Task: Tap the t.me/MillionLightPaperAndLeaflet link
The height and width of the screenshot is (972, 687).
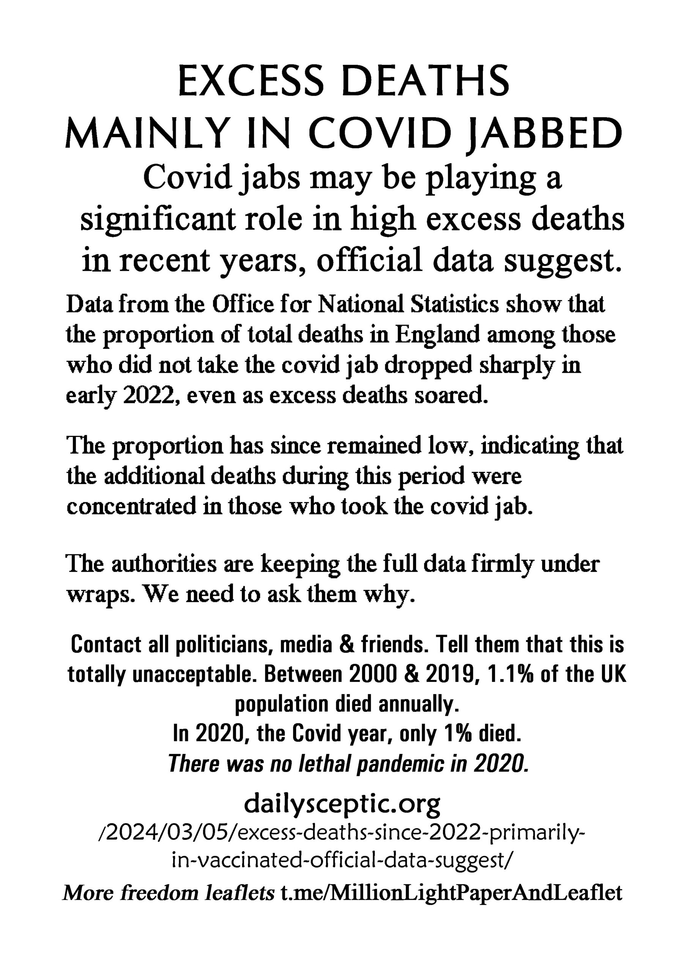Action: pos(451,894)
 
